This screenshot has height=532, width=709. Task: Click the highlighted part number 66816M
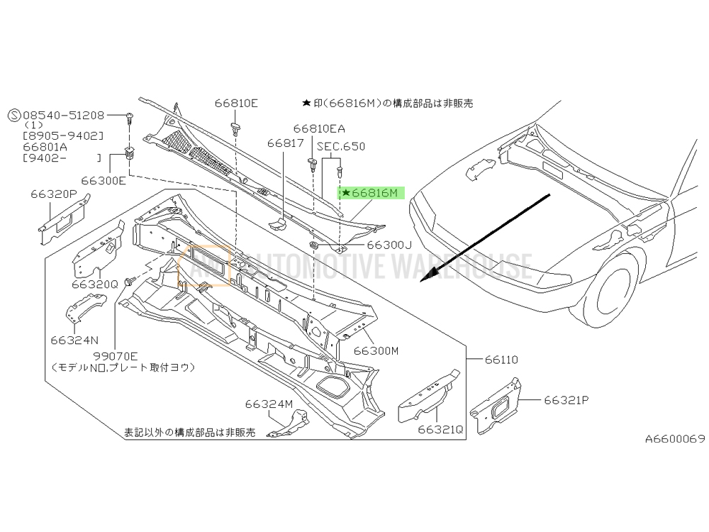(375, 193)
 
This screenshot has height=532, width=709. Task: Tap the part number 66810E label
(236, 103)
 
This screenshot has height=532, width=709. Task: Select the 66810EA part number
(319, 129)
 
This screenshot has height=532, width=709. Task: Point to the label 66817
(285, 143)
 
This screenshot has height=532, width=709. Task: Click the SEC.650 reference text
(341, 147)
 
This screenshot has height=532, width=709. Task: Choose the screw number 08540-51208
(63, 115)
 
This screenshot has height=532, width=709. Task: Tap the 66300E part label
(104, 180)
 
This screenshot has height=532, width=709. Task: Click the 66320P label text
(54, 194)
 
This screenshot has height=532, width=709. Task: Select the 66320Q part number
(94, 284)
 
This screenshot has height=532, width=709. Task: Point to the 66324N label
(74, 340)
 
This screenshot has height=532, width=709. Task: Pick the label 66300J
(389, 245)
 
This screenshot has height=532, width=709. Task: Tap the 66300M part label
(376, 350)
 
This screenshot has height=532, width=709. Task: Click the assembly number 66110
(501, 360)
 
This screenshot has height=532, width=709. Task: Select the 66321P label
(566, 400)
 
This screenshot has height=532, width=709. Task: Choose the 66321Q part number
(440, 429)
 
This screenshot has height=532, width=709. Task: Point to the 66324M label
(269, 404)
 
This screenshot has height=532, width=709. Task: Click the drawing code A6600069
(675, 438)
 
